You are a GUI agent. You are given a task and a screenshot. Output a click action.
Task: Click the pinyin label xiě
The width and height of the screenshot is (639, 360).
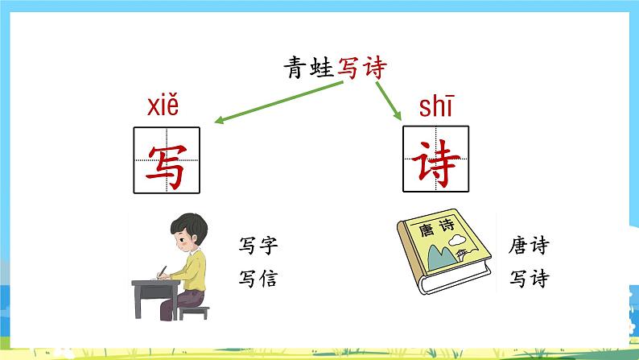[163, 107]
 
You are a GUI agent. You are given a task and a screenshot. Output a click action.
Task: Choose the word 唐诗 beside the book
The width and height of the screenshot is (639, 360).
[530, 245]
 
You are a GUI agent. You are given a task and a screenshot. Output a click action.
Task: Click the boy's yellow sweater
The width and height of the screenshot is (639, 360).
[197, 269]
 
